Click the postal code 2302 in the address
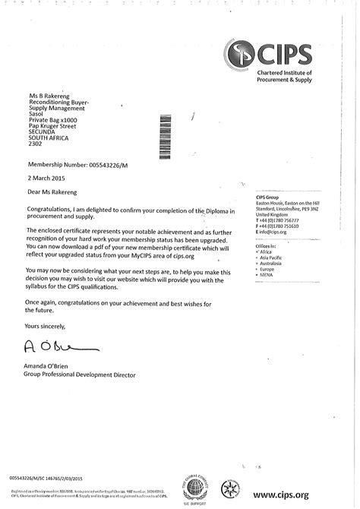(36, 143)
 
